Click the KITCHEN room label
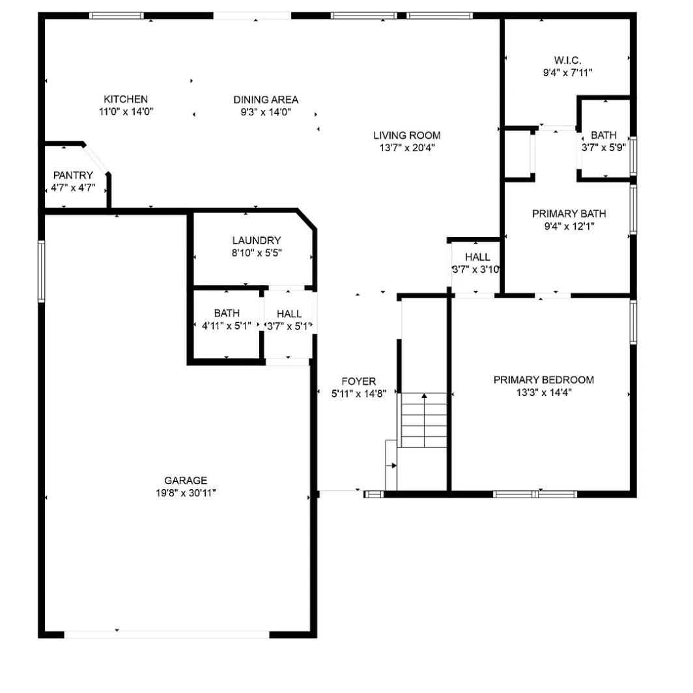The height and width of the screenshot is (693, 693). point(126,99)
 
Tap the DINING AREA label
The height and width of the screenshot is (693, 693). point(266,100)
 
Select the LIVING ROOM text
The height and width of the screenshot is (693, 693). point(406,135)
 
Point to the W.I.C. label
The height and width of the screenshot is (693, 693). point(567,61)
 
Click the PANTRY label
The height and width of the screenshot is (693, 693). point(73,175)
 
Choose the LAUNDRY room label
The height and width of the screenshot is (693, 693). point(257,240)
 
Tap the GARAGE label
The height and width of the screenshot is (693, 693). point(185,481)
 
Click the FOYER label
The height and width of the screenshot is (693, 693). point(359,381)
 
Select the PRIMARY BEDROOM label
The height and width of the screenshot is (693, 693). point(543,380)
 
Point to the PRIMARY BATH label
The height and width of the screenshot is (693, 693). point(569,214)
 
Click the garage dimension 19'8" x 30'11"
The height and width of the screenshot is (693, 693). point(185,493)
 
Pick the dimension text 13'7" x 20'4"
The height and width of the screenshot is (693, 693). point(406,148)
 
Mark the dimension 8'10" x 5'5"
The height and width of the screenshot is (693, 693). point(257,253)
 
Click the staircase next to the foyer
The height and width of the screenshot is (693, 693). point(424,420)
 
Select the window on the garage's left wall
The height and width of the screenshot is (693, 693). point(41,271)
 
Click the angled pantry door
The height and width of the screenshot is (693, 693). point(97,158)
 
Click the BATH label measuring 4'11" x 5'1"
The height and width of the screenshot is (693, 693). point(226,313)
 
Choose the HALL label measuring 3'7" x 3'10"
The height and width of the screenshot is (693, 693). point(477,257)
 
